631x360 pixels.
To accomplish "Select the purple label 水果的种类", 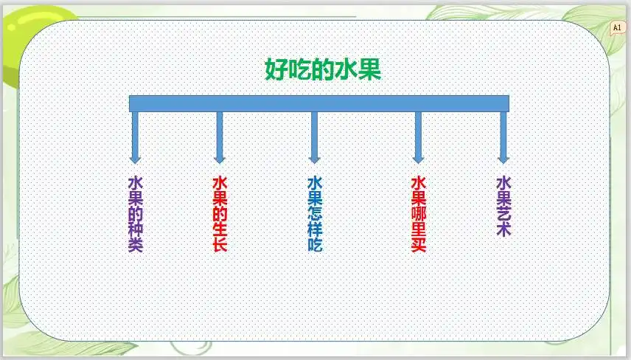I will (x=135, y=214).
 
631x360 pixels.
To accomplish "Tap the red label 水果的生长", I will (x=219, y=214).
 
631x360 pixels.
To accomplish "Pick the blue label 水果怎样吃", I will (x=315, y=214).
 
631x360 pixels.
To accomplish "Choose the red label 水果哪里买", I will (x=418, y=214).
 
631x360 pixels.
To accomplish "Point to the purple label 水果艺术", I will (x=503, y=206).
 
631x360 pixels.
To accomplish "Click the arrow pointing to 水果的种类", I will (x=135, y=136).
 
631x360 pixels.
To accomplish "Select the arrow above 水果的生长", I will (x=219, y=136).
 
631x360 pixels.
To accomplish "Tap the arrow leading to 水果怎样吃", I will (x=314, y=136).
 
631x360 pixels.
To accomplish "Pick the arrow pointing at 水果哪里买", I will (x=418, y=136).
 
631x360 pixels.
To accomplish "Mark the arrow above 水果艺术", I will (x=503, y=136).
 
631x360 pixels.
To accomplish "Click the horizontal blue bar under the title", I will (x=319, y=103).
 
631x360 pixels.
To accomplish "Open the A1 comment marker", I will (x=617, y=27).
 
